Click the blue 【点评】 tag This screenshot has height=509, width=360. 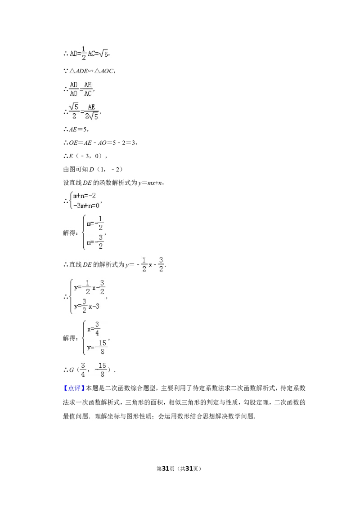[x=74, y=388]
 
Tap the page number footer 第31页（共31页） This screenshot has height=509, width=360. [x=179, y=469]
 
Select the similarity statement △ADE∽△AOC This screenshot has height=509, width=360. [x=89, y=71]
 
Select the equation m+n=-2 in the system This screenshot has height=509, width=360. [x=85, y=196]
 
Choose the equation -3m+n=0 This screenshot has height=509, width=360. [x=86, y=205]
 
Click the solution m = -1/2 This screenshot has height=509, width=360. [x=95, y=223]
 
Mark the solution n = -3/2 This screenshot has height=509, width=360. [x=95, y=242]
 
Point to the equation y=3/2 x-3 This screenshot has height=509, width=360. [x=87, y=306]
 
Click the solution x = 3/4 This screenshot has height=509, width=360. [x=93, y=329]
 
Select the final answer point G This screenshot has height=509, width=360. [x=90, y=370]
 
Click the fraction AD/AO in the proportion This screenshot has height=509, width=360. [x=74, y=89]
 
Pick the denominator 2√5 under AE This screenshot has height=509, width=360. [x=91, y=116]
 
